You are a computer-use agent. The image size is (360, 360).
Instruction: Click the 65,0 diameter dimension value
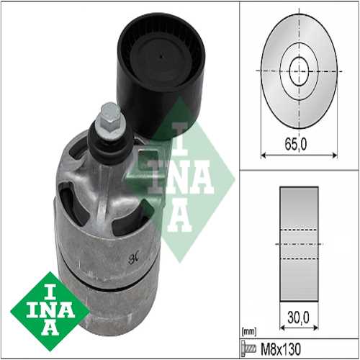point(296,144)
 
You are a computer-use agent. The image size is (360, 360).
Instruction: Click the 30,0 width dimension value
point(299,318)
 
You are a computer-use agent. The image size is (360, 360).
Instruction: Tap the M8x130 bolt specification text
point(281,349)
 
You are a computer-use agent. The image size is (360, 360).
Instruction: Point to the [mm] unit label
point(249,333)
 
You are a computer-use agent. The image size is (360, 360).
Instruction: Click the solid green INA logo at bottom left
point(50,311)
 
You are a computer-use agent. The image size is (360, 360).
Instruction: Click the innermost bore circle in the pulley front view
point(299,71)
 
